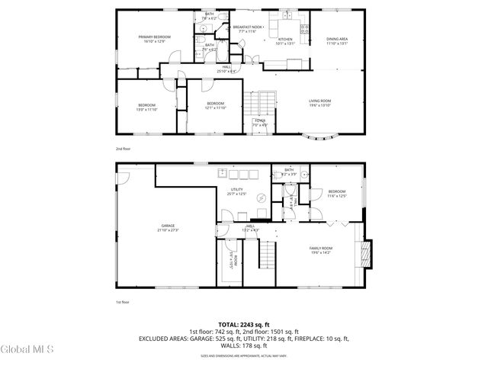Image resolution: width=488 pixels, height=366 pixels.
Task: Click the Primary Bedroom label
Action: (153, 39)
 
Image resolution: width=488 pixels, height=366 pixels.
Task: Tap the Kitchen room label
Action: (285, 41)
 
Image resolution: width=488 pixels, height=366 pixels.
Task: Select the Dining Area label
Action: (337, 41)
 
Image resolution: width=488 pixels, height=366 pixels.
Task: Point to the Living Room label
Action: (319, 103)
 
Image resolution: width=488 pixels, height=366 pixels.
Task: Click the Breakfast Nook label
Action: (247, 29)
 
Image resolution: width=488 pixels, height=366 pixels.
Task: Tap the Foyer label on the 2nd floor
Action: (260, 122)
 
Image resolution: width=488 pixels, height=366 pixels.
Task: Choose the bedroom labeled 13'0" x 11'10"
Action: (147, 107)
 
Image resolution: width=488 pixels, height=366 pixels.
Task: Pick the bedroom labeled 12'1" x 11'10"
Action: (215, 106)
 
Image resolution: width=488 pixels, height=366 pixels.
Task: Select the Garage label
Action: (168, 227)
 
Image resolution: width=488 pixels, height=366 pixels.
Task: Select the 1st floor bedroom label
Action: (337, 194)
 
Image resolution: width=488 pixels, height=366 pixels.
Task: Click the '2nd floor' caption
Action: (124, 149)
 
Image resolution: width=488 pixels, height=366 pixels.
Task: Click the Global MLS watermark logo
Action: (27, 350)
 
